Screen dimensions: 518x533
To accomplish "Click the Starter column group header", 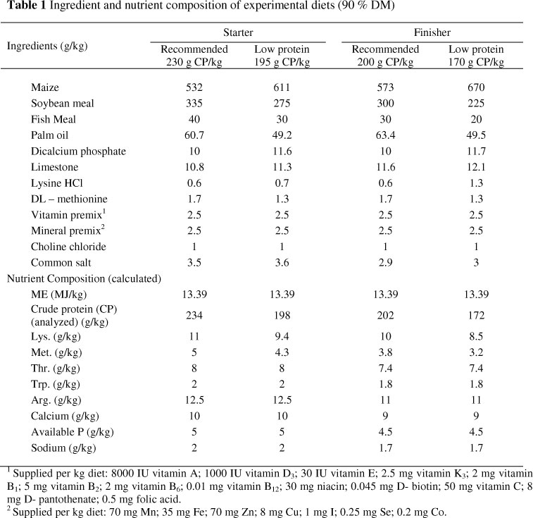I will coord(238,32).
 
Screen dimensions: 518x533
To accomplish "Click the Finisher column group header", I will coord(432,32).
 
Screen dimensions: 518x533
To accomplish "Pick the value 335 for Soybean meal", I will coord(194,104).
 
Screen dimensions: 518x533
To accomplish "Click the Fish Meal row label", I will coord(54,119).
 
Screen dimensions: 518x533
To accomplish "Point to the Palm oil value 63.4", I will coord(384,135).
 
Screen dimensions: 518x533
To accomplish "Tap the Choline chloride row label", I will coord(68,246).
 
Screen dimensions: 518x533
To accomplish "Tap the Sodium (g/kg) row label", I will coord(63,447).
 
